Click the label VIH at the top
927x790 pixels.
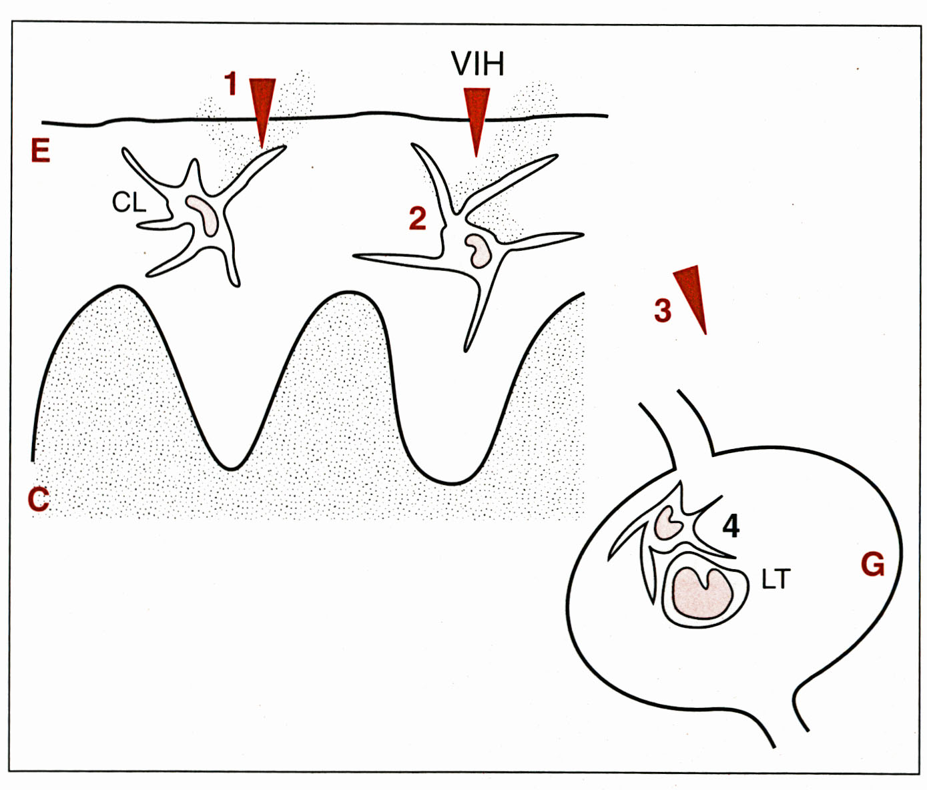[477, 65]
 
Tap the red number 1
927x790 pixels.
[231, 85]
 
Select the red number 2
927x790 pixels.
[417, 218]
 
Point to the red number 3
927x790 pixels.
[662, 310]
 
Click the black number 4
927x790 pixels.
[731, 527]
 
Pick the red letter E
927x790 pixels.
[40, 151]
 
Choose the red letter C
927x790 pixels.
[38, 498]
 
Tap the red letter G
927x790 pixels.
[872, 565]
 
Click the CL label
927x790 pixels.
[128, 202]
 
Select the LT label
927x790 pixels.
[776, 580]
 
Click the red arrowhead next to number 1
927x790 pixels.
[262, 107]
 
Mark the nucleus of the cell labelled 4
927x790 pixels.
[667, 521]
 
